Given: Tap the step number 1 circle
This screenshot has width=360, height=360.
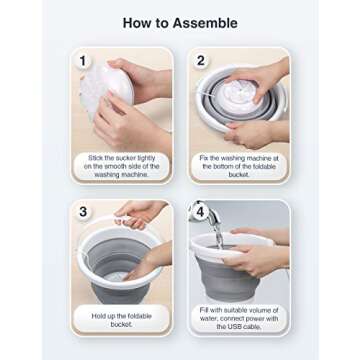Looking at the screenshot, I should pos(84,61).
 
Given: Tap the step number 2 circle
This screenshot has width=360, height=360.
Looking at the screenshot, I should pos(201,61).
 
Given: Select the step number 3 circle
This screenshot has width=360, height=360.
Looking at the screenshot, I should pos(84,213).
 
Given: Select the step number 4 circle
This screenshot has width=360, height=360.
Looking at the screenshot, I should pos(201,213).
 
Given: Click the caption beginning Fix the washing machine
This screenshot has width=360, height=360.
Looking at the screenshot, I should pos(239,166).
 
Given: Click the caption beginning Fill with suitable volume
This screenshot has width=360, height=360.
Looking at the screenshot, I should pos(239,318).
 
